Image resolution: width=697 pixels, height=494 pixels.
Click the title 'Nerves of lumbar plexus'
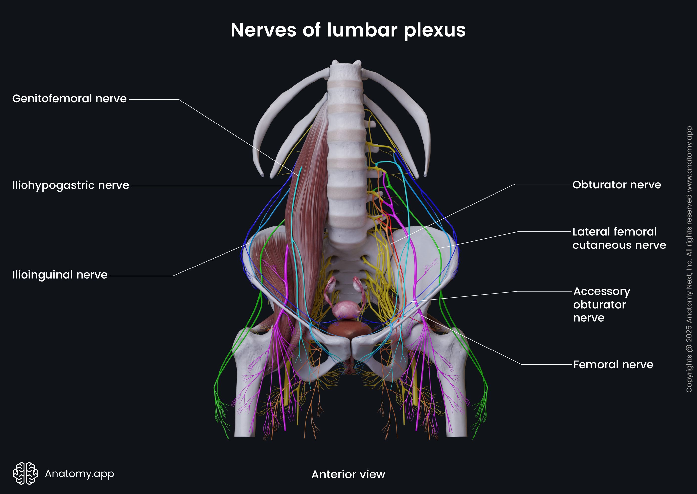[x=348, y=30]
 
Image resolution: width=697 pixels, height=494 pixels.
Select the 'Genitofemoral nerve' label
[x=69, y=99]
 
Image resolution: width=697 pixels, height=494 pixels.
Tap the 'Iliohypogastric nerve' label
[x=71, y=185]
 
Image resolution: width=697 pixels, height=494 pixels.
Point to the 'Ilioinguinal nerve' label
[x=60, y=275]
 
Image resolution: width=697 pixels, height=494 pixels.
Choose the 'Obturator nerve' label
[x=617, y=185]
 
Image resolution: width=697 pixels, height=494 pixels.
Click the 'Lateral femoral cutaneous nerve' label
[x=619, y=239]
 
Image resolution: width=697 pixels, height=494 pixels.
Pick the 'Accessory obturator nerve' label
[x=601, y=305]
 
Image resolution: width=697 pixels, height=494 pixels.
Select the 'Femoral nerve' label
[x=613, y=364]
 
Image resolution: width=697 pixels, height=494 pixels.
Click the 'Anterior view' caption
[x=348, y=474]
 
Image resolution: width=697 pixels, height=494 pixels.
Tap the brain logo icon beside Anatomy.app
[x=25, y=473]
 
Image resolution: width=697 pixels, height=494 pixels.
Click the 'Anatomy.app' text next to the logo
[x=79, y=473]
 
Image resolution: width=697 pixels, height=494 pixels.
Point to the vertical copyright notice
[x=689, y=259]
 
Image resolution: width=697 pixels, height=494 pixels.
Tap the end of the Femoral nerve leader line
[x=422, y=315]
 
